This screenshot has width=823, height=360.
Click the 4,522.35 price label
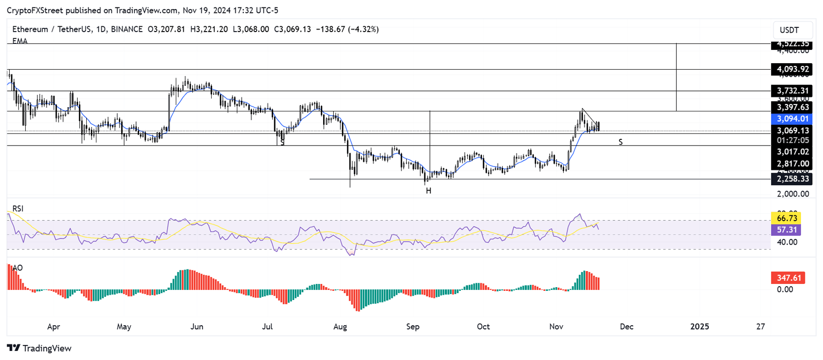(794, 43)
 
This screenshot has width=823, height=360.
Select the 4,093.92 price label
(794, 69)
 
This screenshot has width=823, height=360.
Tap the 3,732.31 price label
(794, 91)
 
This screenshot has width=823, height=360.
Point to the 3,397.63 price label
(794, 107)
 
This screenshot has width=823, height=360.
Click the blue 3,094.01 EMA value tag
(794, 119)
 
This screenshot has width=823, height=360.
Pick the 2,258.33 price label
(794, 178)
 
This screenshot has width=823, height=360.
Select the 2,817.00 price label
(794, 164)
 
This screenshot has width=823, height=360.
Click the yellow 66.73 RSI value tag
(785, 218)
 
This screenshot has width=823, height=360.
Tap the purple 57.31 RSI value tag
(785, 229)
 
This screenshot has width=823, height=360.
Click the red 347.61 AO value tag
(785, 278)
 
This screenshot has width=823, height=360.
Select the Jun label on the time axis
(197, 326)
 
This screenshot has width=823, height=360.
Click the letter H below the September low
(429, 191)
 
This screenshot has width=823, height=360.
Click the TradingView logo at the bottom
(40, 348)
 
